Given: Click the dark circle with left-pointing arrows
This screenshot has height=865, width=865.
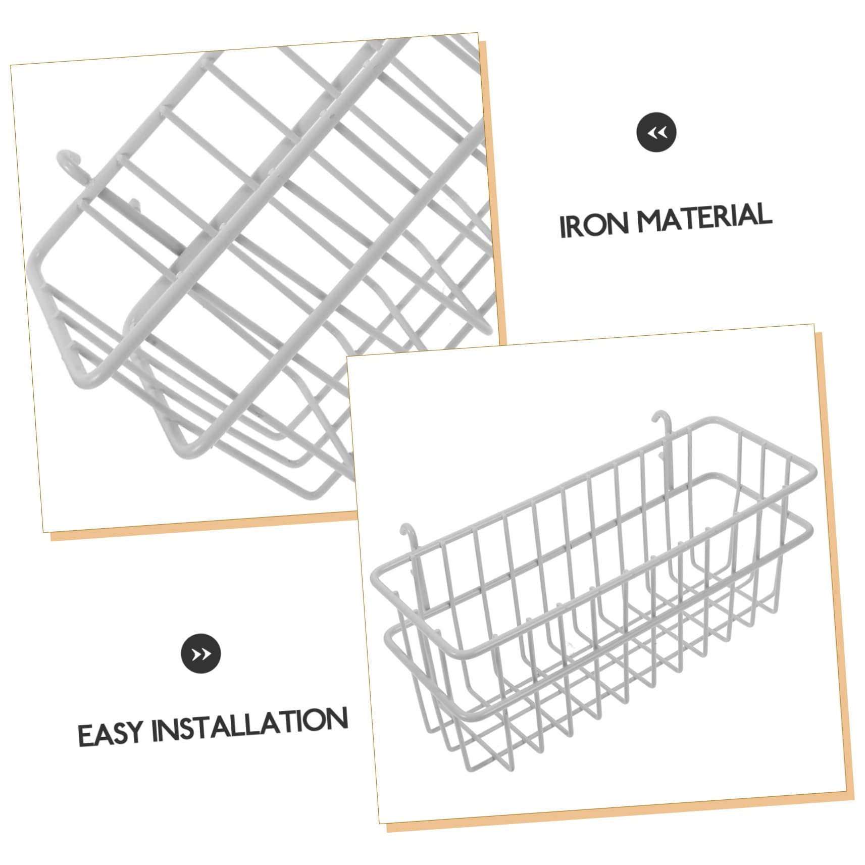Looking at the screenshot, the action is point(656,132).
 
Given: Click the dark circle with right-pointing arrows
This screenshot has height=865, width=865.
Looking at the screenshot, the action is point(201,653).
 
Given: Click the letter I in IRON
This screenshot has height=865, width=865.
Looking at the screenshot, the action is point(563,227).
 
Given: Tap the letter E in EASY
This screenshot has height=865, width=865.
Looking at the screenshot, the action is point(85,736).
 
